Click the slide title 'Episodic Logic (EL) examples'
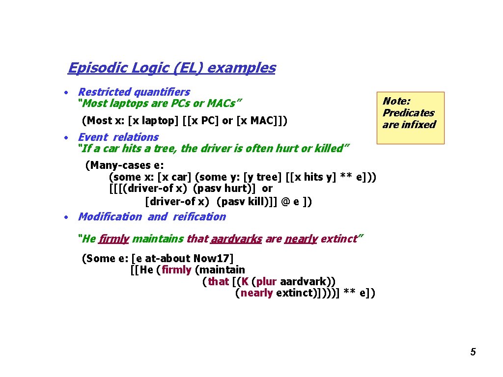click(x=171, y=68)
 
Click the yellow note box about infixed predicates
click(x=410, y=117)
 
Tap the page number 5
click(x=473, y=351)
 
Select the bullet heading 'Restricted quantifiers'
click(x=134, y=92)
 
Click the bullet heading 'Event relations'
click(x=118, y=137)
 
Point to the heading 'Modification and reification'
click(x=152, y=217)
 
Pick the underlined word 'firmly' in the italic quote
click(x=113, y=239)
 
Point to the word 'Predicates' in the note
click(x=408, y=113)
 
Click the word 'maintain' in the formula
click(x=221, y=270)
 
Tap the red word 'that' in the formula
click(x=218, y=282)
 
